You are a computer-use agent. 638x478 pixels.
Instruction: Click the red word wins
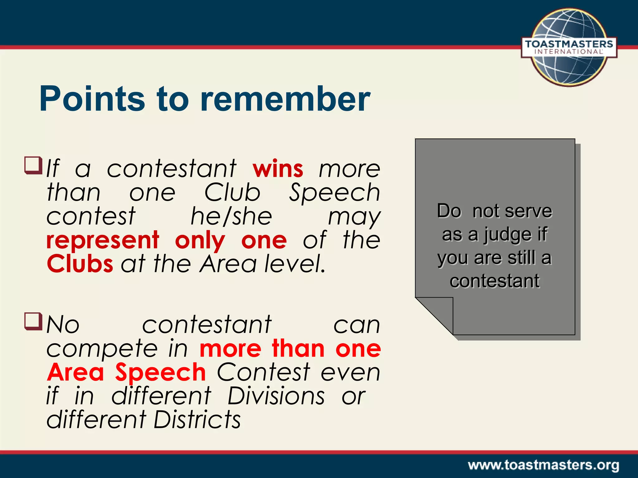click(x=278, y=169)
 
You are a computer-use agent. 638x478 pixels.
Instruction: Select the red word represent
click(x=103, y=240)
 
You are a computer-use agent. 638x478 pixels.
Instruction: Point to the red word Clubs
click(x=80, y=264)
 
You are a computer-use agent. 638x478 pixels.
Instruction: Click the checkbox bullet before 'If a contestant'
click(x=33, y=166)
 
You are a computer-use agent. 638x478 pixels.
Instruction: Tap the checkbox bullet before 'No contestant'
click(x=33, y=321)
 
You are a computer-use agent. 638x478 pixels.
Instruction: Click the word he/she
click(x=231, y=217)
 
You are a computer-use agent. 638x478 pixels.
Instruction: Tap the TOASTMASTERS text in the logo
click(x=569, y=44)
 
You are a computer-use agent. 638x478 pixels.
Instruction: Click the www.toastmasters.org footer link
click(x=543, y=465)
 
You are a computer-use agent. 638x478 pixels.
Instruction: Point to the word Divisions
click(x=276, y=396)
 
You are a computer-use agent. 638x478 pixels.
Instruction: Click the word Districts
click(x=197, y=420)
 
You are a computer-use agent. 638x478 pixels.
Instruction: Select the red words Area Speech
click(x=126, y=372)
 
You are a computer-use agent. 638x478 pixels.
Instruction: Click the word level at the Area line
click(x=295, y=264)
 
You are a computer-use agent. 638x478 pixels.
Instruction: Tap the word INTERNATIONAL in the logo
click(x=569, y=52)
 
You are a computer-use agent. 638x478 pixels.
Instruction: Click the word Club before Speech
click(x=232, y=193)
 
